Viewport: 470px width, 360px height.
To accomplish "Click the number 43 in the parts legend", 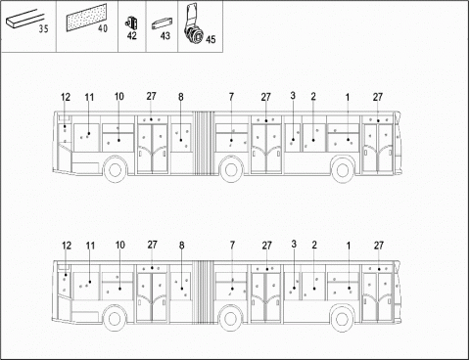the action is pyautogui.click(x=164, y=35).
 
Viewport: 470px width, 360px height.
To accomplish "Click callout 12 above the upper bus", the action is pyautogui.click(x=66, y=97).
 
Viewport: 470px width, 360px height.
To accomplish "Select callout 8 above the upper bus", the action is pyautogui.click(x=181, y=97).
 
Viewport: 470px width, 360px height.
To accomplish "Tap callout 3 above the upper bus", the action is pyautogui.click(x=293, y=95).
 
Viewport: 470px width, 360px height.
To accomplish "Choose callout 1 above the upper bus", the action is pyautogui.click(x=348, y=96).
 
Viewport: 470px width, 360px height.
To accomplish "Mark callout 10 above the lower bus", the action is pyautogui.click(x=119, y=245).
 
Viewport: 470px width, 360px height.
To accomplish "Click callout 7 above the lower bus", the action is pyautogui.click(x=232, y=245).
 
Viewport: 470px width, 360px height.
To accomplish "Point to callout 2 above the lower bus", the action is pyautogui.click(x=313, y=245).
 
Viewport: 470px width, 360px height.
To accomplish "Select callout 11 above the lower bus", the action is pyautogui.click(x=89, y=246).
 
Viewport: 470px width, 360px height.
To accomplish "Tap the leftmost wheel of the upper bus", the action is pyautogui.click(x=116, y=171).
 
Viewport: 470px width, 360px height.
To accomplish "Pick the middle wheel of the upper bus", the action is pyautogui.click(x=232, y=171).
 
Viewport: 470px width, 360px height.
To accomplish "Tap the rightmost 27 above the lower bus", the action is pyautogui.click(x=379, y=245).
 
